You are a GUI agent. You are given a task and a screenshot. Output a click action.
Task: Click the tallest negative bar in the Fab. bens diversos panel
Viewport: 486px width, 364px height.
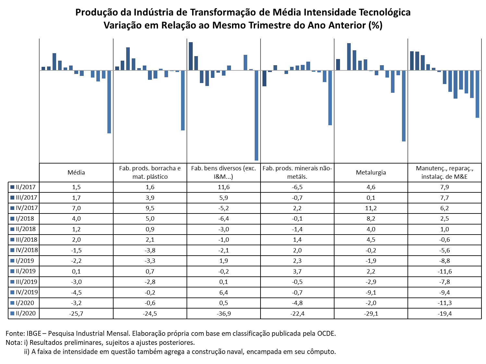pyautogui.click(x=256, y=115)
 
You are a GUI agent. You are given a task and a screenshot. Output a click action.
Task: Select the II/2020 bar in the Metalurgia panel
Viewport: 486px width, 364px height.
pyautogui.click(x=403, y=106)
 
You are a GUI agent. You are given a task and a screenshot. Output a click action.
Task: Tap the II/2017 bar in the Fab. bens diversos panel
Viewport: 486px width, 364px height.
pyautogui.click(x=190, y=56)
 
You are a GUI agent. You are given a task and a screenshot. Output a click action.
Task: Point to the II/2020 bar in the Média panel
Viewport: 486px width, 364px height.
pyautogui.click(x=109, y=102)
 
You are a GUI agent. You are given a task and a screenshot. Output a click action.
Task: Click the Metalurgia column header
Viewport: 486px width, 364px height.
pyautogui.click(x=371, y=172)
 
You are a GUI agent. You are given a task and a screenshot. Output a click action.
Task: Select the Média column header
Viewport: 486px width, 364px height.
pyautogui.click(x=76, y=172)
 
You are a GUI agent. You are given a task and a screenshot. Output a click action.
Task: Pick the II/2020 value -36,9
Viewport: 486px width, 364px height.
pyautogui.click(x=224, y=313)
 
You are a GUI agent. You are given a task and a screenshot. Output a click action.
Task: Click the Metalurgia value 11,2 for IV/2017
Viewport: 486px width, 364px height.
pyautogui.click(x=371, y=208)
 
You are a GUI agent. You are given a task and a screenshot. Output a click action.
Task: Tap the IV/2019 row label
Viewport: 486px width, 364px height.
pyautogui.click(x=27, y=292)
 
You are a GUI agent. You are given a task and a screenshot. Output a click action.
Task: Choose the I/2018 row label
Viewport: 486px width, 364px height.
pyautogui.click(x=25, y=218)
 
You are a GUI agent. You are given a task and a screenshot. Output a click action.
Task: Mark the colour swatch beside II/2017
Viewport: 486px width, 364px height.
pyautogui.click(x=12, y=187)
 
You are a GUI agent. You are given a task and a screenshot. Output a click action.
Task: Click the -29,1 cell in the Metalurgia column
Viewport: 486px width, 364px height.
pyautogui.click(x=371, y=313)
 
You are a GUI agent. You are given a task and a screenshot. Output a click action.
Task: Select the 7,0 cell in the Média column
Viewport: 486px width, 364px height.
pyautogui.click(x=76, y=208)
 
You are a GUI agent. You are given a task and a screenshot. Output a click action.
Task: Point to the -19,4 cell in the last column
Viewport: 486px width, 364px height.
pyautogui.click(x=444, y=313)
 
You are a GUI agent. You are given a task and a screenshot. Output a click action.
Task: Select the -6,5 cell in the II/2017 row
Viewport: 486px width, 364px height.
pyautogui.click(x=297, y=187)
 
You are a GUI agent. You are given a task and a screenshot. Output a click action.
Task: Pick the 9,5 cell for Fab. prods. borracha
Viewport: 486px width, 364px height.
pyautogui.click(x=150, y=208)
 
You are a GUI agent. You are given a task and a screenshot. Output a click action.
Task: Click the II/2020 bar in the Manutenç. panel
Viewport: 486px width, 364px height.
pyautogui.click(x=477, y=94)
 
